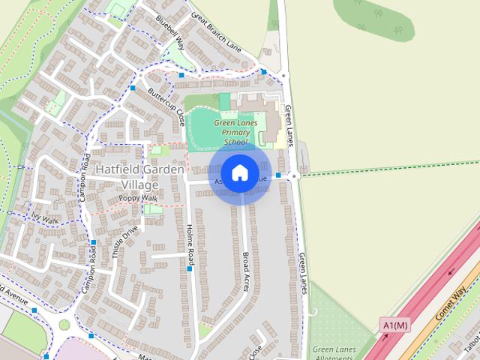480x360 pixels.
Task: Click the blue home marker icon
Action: (x=239, y=173)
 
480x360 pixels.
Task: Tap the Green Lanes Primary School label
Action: (x=235, y=132)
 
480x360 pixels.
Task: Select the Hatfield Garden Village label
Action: (x=139, y=177)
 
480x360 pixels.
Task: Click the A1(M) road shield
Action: (x=395, y=325)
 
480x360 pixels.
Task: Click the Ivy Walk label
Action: (x=44, y=217)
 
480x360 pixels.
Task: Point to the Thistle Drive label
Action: (x=125, y=241)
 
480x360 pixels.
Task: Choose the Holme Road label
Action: (x=190, y=244)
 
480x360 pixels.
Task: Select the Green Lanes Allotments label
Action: (x=333, y=353)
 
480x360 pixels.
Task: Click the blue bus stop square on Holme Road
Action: (x=190, y=268)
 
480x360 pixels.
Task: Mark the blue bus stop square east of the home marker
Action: (x=278, y=175)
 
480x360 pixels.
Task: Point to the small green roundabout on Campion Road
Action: (x=64, y=325)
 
